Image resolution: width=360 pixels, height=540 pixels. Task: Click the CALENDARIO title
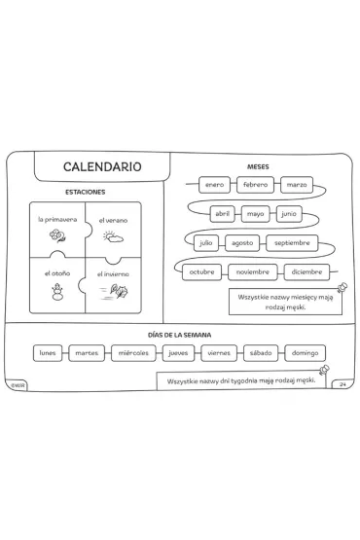102,166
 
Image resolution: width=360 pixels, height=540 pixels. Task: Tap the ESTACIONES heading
85,193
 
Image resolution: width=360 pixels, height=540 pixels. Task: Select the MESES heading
258,167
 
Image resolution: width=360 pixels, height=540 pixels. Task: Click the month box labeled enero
214,185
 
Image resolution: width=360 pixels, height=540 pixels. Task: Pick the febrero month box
255,185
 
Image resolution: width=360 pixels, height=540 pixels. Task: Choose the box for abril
222,214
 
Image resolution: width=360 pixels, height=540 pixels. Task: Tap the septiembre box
292,243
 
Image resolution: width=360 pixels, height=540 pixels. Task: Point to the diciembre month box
306,272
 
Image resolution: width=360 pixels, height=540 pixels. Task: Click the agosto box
242,243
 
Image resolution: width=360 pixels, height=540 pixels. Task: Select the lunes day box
48,353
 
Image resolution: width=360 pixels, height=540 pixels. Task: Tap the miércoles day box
133,353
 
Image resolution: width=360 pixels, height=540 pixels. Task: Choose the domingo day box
305,353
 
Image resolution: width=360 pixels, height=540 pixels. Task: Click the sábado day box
261,353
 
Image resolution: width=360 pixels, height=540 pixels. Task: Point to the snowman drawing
57,292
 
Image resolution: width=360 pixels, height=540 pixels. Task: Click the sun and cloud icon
113,236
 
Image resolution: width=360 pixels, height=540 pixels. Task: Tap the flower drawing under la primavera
57,235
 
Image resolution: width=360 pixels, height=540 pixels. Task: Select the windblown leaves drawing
115,292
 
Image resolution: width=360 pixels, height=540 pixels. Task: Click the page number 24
342,384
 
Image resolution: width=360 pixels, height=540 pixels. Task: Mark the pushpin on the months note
342,287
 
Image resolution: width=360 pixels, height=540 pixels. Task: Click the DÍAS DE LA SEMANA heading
179,335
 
